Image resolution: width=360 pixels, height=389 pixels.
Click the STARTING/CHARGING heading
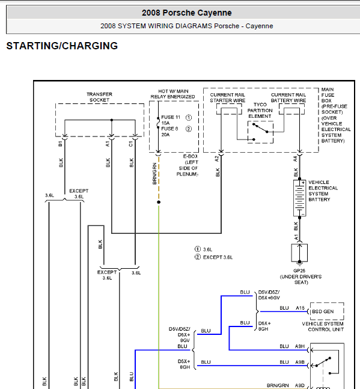[62, 46]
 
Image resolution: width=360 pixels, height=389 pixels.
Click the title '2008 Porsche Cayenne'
[187, 13]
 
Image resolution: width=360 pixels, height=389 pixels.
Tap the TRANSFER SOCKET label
[99, 97]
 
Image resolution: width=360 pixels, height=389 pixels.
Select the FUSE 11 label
[171, 117]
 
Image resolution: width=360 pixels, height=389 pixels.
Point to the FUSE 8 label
[169, 129]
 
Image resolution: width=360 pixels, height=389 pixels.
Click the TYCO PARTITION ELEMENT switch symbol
[260, 132]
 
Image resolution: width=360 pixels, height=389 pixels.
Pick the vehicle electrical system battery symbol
[299, 198]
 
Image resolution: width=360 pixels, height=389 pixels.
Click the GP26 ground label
[299, 271]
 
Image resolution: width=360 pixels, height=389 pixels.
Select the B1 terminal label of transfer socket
[60, 144]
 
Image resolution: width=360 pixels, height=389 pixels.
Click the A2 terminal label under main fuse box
[217, 159]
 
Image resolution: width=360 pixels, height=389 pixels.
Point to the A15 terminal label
[300, 308]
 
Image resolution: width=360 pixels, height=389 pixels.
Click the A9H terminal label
[300, 346]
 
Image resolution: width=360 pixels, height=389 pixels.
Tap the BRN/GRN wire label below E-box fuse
[154, 174]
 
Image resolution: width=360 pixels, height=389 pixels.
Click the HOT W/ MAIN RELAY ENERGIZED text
[173, 94]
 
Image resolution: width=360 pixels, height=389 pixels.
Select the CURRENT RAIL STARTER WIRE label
[228, 98]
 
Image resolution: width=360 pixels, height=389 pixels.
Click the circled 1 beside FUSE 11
[189, 117]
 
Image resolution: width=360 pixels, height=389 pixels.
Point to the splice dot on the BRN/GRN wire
[159, 202]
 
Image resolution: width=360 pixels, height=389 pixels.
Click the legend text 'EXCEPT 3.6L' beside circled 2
[218, 257]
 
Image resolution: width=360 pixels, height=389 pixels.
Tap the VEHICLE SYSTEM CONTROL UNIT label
[323, 326]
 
